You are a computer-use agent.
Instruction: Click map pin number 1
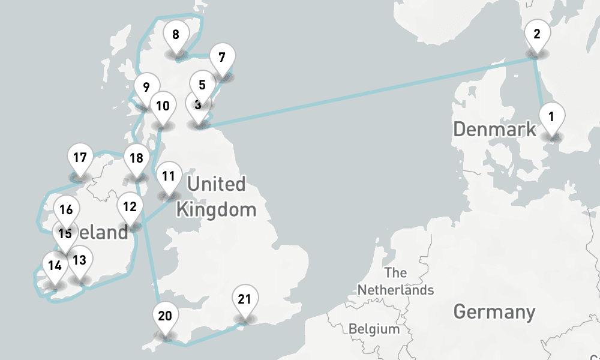coord(551,116)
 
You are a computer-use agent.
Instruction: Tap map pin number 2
coord(537,35)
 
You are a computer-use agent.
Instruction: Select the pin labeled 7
coord(222,59)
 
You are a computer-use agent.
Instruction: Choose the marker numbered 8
coord(175,35)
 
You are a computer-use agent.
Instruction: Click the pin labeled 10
coord(162,107)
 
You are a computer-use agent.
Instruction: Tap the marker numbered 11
coord(169,177)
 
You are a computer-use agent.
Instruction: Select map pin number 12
coord(130,208)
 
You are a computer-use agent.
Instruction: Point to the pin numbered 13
coord(80,261)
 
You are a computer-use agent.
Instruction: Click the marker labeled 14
coord(55,266)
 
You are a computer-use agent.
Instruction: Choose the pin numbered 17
coord(80,159)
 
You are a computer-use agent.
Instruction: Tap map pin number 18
coord(136,159)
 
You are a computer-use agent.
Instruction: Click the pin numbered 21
coord(244,299)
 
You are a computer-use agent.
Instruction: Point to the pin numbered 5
coord(202,86)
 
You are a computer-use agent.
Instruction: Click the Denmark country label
coord(494,129)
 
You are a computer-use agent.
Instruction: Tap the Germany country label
coord(494,312)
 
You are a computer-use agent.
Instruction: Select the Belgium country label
coord(374,329)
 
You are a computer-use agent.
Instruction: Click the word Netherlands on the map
coord(395,290)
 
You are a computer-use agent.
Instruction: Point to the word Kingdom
coord(215,210)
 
